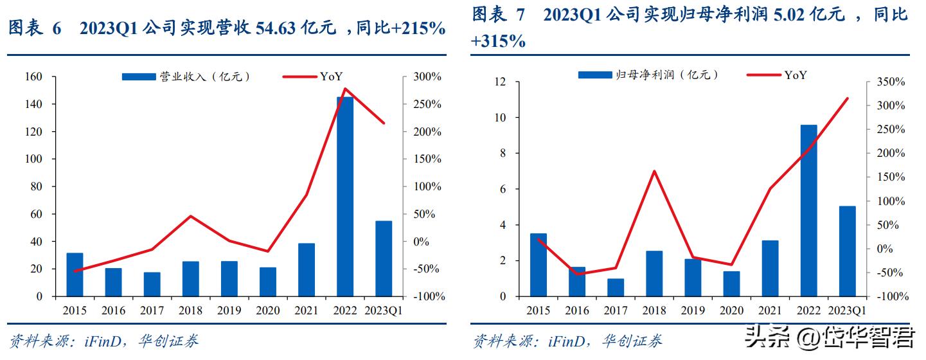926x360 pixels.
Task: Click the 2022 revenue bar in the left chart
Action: point(345,196)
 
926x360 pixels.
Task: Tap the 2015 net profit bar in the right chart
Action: point(538,265)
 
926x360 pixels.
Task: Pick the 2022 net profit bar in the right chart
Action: point(808,210)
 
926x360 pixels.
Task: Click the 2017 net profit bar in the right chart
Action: point(615,287)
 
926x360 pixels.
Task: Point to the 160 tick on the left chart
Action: point(33,77)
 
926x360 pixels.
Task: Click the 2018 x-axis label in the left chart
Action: point(191,311)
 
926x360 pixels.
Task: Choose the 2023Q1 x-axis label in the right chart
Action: point(847,311)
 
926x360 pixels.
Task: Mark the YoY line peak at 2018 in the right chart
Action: point(654,171)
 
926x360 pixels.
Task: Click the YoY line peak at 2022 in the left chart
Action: point(345,89)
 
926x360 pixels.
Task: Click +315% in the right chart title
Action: point(498,42)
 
